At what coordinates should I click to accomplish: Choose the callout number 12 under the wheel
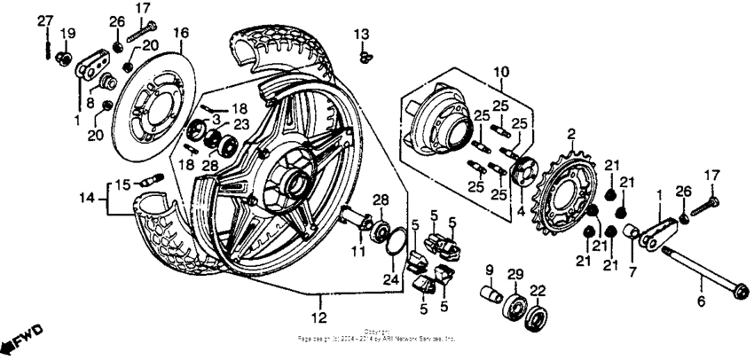point(318,316)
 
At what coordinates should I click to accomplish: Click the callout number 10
point(501,70)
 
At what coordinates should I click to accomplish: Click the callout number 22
point(538,291)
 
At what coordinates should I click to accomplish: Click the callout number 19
point(67,34)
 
